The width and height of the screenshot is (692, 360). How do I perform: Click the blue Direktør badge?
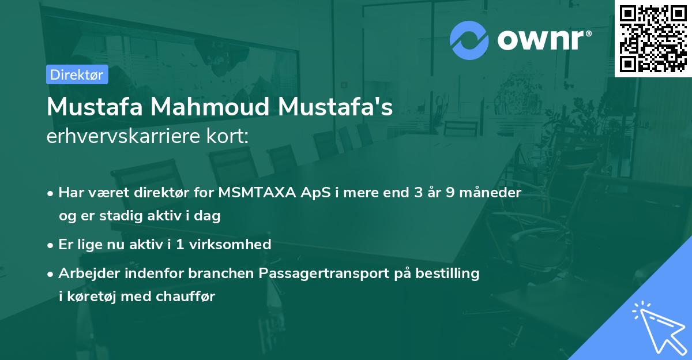pos(77,74)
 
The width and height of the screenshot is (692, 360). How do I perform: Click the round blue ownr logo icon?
pos(469,40)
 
